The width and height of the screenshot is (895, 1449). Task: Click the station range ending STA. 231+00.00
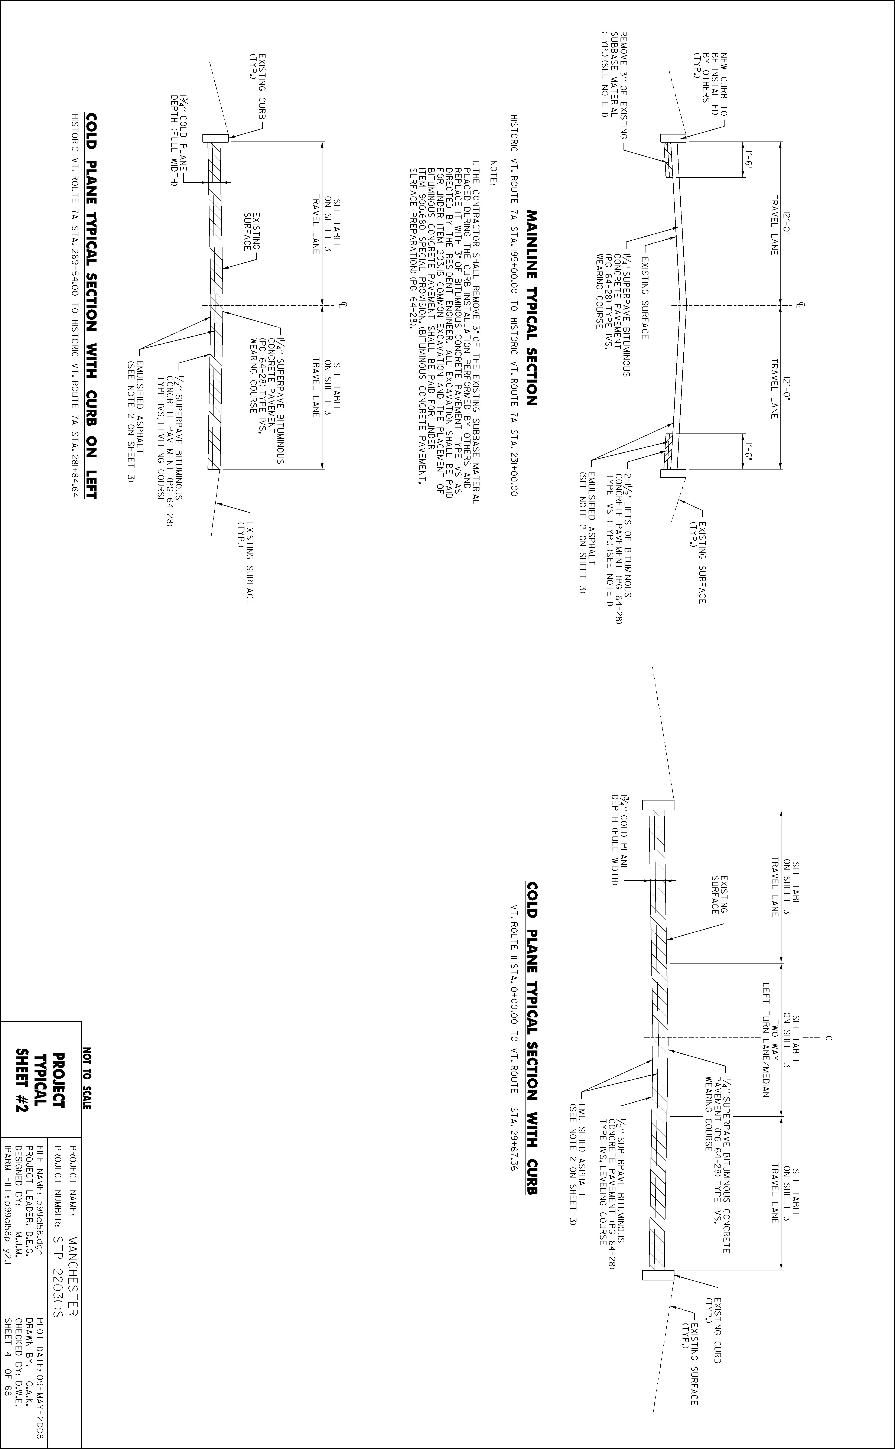[x=514, y=305]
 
